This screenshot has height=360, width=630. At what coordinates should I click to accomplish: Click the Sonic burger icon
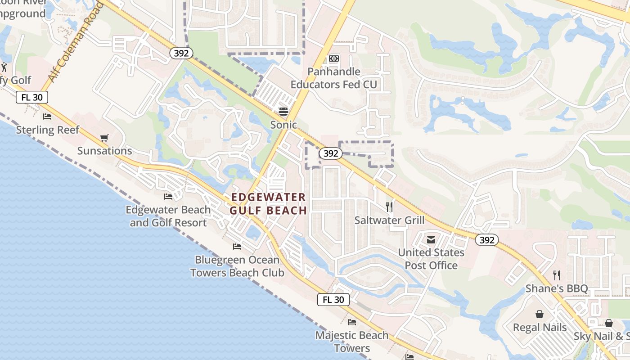click(x=283, y=111)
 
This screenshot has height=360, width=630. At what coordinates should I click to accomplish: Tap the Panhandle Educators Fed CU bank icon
click(x=333, y=58)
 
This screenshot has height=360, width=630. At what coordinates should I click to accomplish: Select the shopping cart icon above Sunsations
click(x=104, y=138)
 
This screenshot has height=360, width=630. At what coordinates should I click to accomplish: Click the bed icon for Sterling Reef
click(x=47, y=117)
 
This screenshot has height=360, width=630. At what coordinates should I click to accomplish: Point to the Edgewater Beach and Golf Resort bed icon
click(x=168, y=197)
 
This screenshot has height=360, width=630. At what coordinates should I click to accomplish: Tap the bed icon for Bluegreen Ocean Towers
click(x=237, y=247)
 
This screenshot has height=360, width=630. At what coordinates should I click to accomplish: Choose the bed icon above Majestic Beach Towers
click(x=351, y=322)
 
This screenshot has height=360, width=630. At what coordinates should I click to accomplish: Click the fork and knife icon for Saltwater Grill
click(x=389, y=207)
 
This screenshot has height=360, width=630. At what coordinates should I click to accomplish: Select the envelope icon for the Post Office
click(x=431, y=239)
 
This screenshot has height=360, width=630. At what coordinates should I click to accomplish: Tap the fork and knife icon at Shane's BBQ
click(x=557, y=275)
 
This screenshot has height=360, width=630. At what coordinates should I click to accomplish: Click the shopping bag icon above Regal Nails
click(x=540, y=314)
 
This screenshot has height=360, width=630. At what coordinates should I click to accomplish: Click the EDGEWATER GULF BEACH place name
click(x=268, y=204)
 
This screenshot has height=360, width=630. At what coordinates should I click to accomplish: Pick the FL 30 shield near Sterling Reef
click(x=32, y=97)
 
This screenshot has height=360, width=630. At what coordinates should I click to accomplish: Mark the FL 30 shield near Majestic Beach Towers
click(x=333, y=300)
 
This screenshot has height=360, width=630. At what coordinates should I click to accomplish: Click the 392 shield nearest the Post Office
click(x=487, y=240)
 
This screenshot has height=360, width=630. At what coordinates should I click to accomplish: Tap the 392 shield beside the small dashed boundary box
click(x=330, y=153)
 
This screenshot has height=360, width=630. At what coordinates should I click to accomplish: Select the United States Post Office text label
click(x=431, y=259)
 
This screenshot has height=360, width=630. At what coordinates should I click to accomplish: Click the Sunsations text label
click(x=104, y=151)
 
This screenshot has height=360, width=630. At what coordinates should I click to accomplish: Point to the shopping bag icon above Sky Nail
click(x=608, y=323)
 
